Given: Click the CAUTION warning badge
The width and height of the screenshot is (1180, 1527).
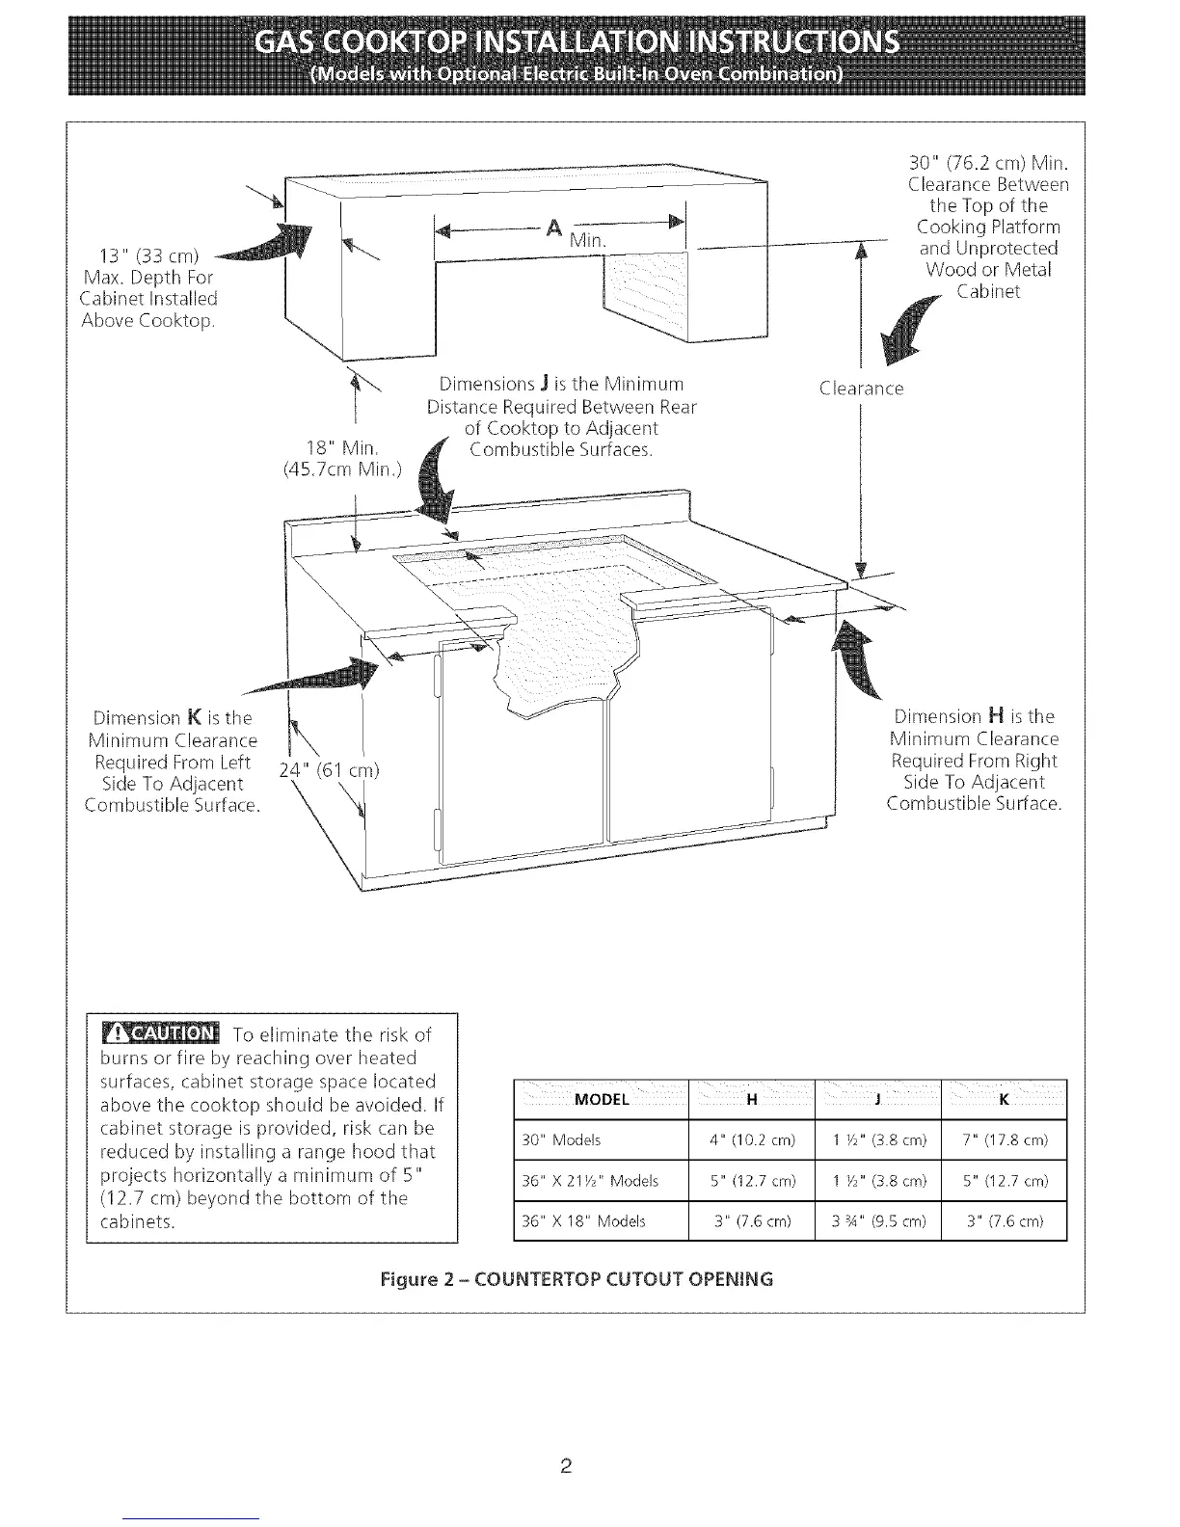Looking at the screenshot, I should click(x=160, y=1034).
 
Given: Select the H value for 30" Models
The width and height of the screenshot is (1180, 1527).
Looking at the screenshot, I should click(x=752, y=1140).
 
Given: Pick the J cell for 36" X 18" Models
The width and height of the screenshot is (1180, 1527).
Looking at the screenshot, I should click(x=877, y=1220).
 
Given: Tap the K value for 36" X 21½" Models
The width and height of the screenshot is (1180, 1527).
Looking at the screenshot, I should click(x=1003, y=1181).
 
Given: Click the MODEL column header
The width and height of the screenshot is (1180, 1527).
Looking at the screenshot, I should click(x=601, y=1100).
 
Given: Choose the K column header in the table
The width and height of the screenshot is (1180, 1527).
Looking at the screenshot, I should click(x=1004, y=1100).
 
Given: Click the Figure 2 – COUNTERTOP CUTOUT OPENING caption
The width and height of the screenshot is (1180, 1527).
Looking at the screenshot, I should click(x=577, y=1279).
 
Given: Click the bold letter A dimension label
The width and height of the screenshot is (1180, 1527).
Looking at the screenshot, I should click(x=553, y=228).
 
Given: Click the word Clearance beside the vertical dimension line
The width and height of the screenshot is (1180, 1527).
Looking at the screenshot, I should click(x=860, y=389).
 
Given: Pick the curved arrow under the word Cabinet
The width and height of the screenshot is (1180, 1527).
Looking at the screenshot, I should click(x=912, y=335).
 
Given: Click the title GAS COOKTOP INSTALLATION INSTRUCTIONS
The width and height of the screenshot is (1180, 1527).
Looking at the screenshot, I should click(x=577, y=45).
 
